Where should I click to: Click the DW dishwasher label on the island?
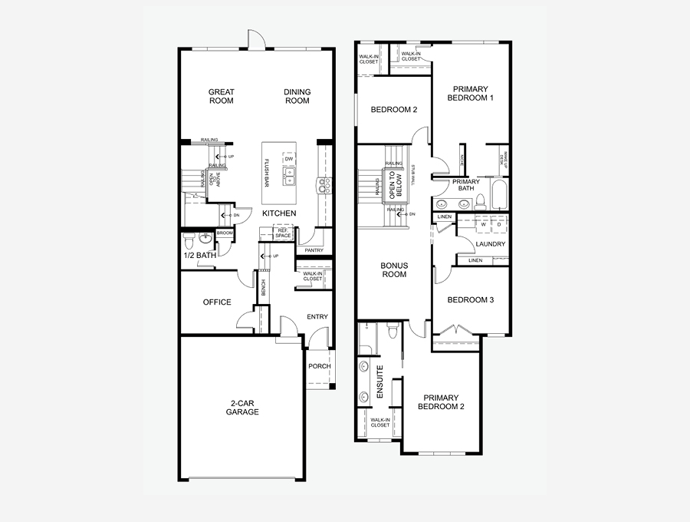click(288, 160)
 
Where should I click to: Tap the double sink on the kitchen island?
click(289, 181)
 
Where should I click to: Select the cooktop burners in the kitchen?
click(325, 184)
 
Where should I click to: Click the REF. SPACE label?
click(284, 232)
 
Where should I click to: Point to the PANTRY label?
click(314, 250)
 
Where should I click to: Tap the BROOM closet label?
click(225, 233)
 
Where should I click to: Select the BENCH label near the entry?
click(263, 288)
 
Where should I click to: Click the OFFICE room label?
click(217, 302)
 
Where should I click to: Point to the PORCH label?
click(320, 366)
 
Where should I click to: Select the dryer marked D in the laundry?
click(499, 225)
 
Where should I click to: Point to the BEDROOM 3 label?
click(469, 299)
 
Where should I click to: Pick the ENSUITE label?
click(379, 382)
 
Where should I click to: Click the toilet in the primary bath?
click(481, 203)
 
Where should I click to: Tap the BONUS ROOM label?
click(394, 269)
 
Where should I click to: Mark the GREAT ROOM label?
click(222, 97)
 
